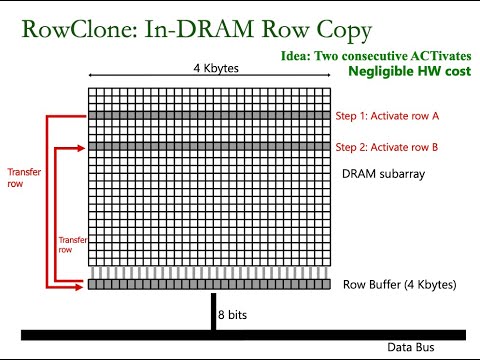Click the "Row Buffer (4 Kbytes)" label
(x=399, y=285)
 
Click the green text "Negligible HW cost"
(x=409, y=73)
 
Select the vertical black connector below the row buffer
(x=211, y=310)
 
